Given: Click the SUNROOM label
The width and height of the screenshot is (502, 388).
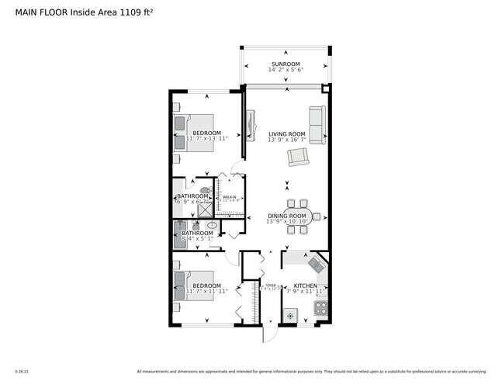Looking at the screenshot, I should coord(285,64).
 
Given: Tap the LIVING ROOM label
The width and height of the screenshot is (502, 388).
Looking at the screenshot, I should coord(286,133).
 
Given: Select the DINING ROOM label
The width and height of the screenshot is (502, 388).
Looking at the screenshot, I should coord(287,215).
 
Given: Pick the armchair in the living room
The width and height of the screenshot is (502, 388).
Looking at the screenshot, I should coord(298,158).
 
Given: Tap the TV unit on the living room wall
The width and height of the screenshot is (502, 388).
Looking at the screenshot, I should coord(251,126).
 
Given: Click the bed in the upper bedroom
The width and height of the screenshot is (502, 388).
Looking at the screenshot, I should coord(195,132).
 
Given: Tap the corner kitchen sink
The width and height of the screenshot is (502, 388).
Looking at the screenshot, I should coord(316,264).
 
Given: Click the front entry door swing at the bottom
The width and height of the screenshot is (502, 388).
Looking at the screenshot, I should coord(265,334).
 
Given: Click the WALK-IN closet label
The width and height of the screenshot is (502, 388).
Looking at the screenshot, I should coord(230,197).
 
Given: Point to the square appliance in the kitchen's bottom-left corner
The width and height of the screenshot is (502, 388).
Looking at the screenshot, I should coord(290,315).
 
